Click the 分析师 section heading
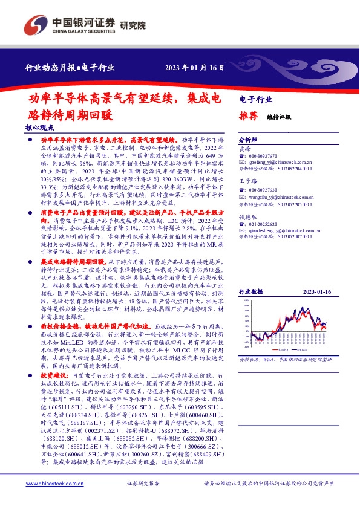coord(249,139)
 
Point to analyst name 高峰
coord(244,148)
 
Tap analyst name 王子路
coord(247,182)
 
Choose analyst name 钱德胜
coord(247,215)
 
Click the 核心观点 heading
coord(40,128)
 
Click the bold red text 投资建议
coord(54,376)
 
